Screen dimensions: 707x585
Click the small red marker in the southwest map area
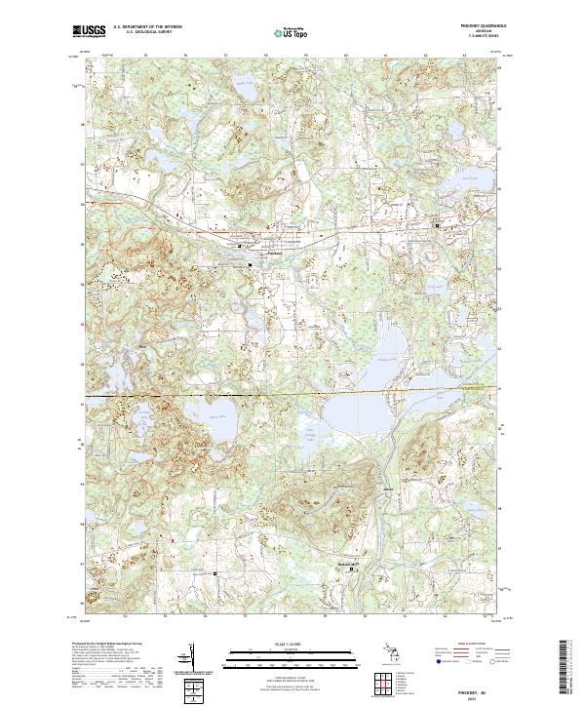173,538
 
